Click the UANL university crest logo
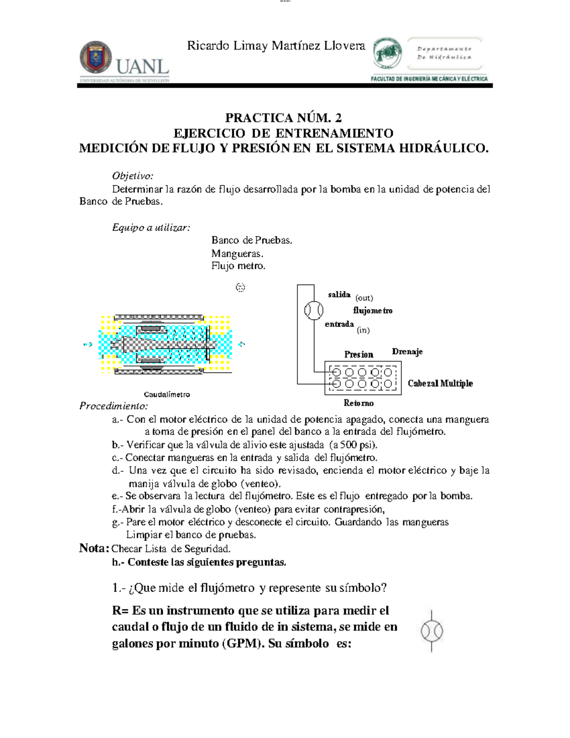pos(96,57)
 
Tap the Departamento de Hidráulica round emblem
pos(387,53)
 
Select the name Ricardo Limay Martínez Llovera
pos(276,46)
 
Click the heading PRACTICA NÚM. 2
pos(284,117)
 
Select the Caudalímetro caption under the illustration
pos(167,394)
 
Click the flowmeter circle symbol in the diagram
pos(313,310)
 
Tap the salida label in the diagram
pos(339,295)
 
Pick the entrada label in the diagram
pos(339,324)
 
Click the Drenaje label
pos(407,352)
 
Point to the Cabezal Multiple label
pos(440,383)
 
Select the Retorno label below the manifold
pos(359,403)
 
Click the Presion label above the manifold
pos(359,355)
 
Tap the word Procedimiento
pos(114,406)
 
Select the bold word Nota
pos(94,548)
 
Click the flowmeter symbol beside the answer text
pos(432,631)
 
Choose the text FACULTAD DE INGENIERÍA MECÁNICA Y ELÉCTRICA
pos(429,79)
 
